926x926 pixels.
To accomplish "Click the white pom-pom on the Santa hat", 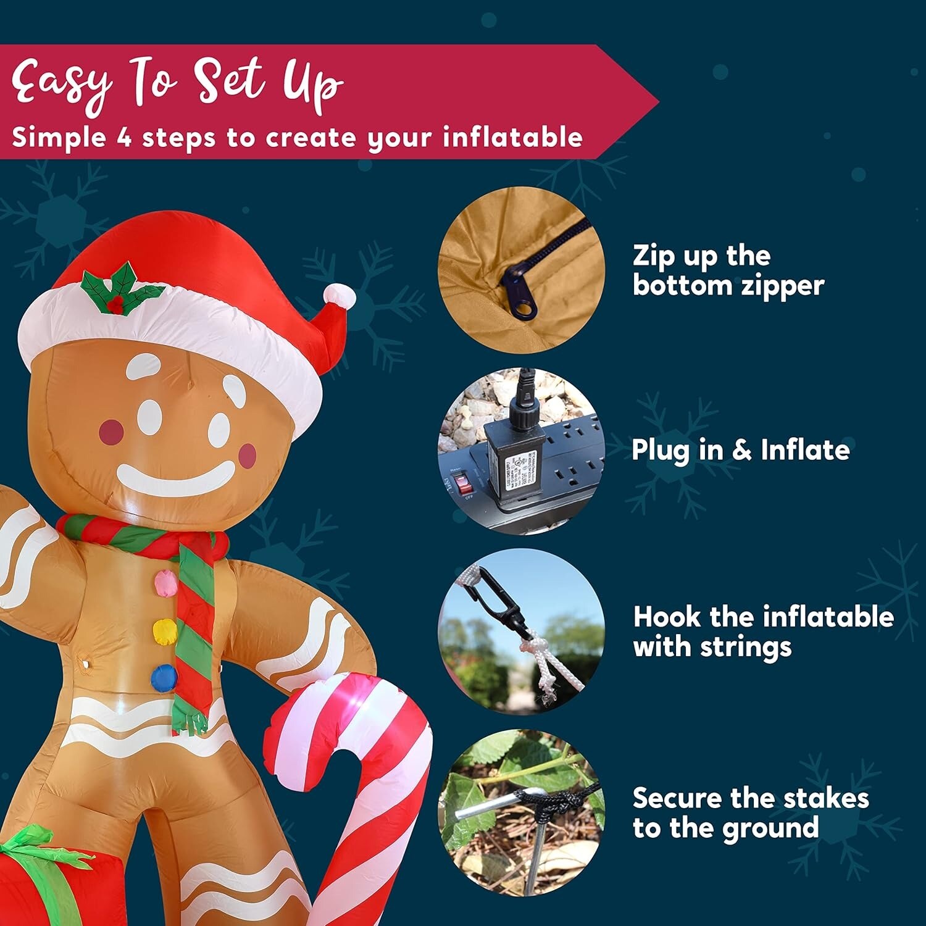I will click(x=340, y=296).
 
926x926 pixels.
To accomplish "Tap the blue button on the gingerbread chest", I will click(x=164, y=677).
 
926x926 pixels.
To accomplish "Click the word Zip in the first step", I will click(x=654, y=256).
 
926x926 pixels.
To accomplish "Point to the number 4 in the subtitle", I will click(x=125, y=138).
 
